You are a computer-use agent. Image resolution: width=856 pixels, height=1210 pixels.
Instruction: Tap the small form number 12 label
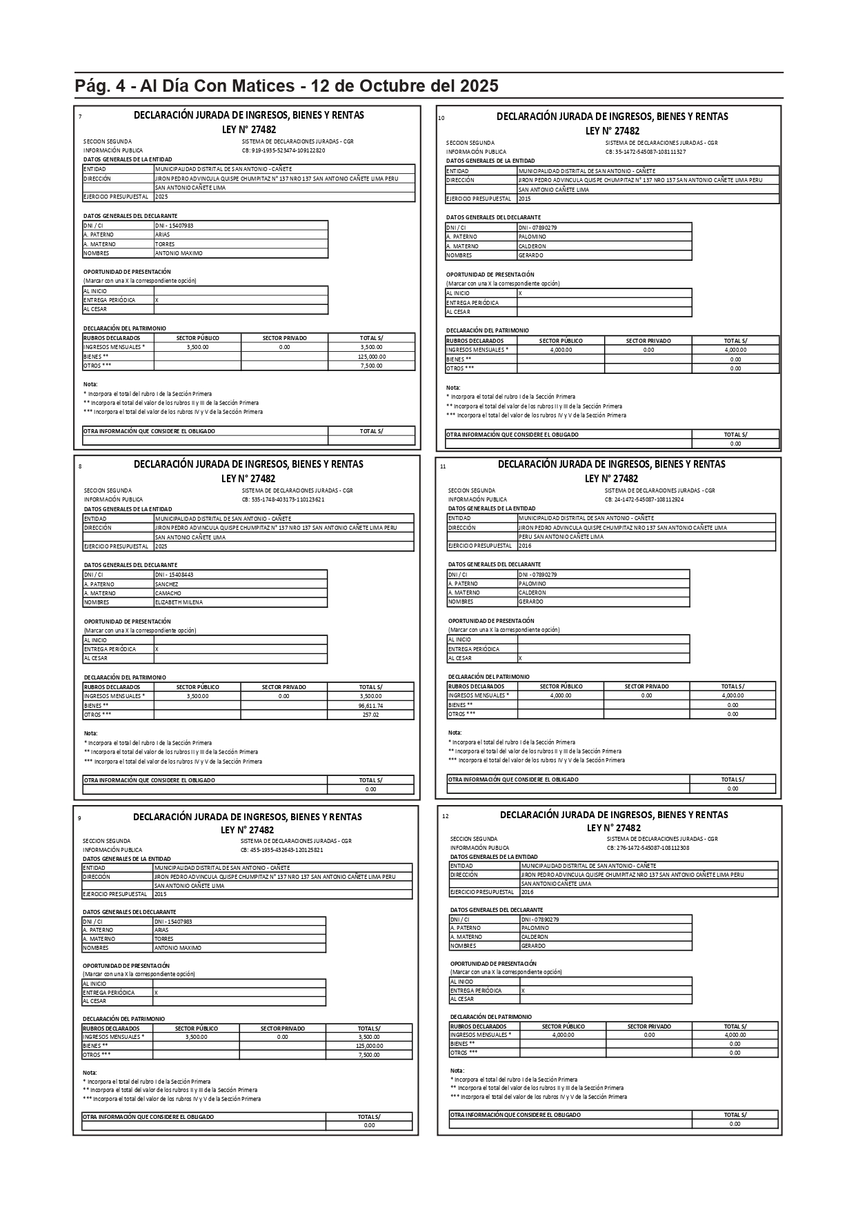(445, 816)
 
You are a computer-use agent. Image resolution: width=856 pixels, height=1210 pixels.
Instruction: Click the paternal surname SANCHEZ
(166, 584)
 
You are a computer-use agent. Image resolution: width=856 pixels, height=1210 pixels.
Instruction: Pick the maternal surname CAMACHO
(168, 593)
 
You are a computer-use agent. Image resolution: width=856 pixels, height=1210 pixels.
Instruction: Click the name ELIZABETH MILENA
(179, 602)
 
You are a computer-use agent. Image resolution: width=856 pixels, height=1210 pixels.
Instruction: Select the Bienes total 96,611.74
(370, 706)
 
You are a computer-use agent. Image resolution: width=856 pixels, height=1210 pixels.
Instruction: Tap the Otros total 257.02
(370, 715)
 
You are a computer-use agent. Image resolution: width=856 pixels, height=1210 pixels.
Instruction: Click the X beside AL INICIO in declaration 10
(520, 293)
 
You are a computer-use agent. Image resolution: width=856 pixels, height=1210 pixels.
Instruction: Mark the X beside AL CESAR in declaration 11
(520, 658)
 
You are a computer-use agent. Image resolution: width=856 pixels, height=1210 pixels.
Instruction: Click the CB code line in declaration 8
(283, 499)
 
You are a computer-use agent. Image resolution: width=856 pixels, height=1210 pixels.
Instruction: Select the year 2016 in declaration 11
(525, 546)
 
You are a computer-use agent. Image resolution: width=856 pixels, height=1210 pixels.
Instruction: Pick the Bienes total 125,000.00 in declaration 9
(369, 1046)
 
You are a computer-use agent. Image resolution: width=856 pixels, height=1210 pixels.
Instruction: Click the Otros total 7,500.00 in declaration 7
(371, 366)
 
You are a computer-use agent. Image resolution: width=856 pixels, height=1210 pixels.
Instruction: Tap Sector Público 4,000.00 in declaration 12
(563, 1035)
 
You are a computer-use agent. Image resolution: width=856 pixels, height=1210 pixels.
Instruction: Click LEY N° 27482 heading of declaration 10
(612, 131)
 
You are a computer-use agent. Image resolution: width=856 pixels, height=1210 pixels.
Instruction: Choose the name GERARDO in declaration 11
(530, 602)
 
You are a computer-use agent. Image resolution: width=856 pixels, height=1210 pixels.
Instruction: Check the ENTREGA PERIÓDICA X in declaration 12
(523, 991)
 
